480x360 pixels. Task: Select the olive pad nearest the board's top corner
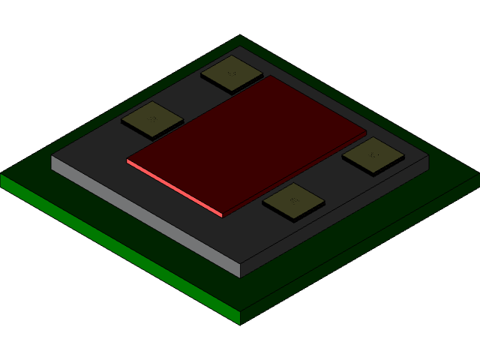(232, 73)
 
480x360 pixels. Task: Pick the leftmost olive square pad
(152, 118)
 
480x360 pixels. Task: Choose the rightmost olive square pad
(373, 155)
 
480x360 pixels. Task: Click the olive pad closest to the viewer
(293, 201)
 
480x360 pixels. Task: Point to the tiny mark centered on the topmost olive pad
(232, 73)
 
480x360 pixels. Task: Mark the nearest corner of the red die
(223, 215)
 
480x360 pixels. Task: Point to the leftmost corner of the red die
(127, 160)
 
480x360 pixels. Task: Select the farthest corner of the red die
(271, 76)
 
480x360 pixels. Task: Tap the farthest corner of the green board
(240, 36)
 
